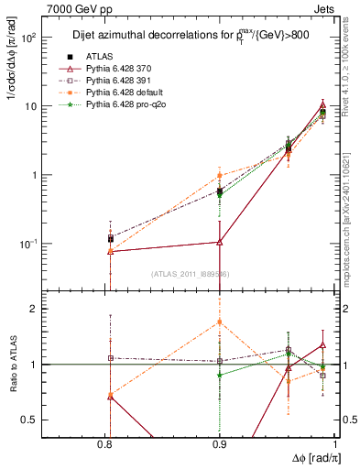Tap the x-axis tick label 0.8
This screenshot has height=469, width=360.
point(109,446)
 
